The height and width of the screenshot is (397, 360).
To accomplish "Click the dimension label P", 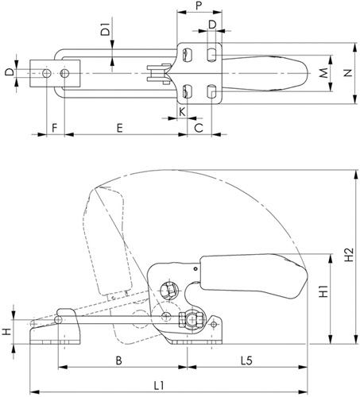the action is [x=199, y=6].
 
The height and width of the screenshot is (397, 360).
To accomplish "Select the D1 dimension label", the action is [x=106, y=29].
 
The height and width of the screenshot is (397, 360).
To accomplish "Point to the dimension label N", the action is [x=348, y=73].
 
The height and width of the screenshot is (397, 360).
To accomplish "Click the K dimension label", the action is [x=182, y=112].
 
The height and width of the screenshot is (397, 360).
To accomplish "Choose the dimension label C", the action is [x=199, y=128].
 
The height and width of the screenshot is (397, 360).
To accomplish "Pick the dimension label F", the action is [x=55, y=128].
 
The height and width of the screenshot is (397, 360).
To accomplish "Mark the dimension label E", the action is [x=120, y=128].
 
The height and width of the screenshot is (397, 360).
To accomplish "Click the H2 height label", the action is [x=349, y=254].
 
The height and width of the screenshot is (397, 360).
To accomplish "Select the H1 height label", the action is [x=323, y=291].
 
